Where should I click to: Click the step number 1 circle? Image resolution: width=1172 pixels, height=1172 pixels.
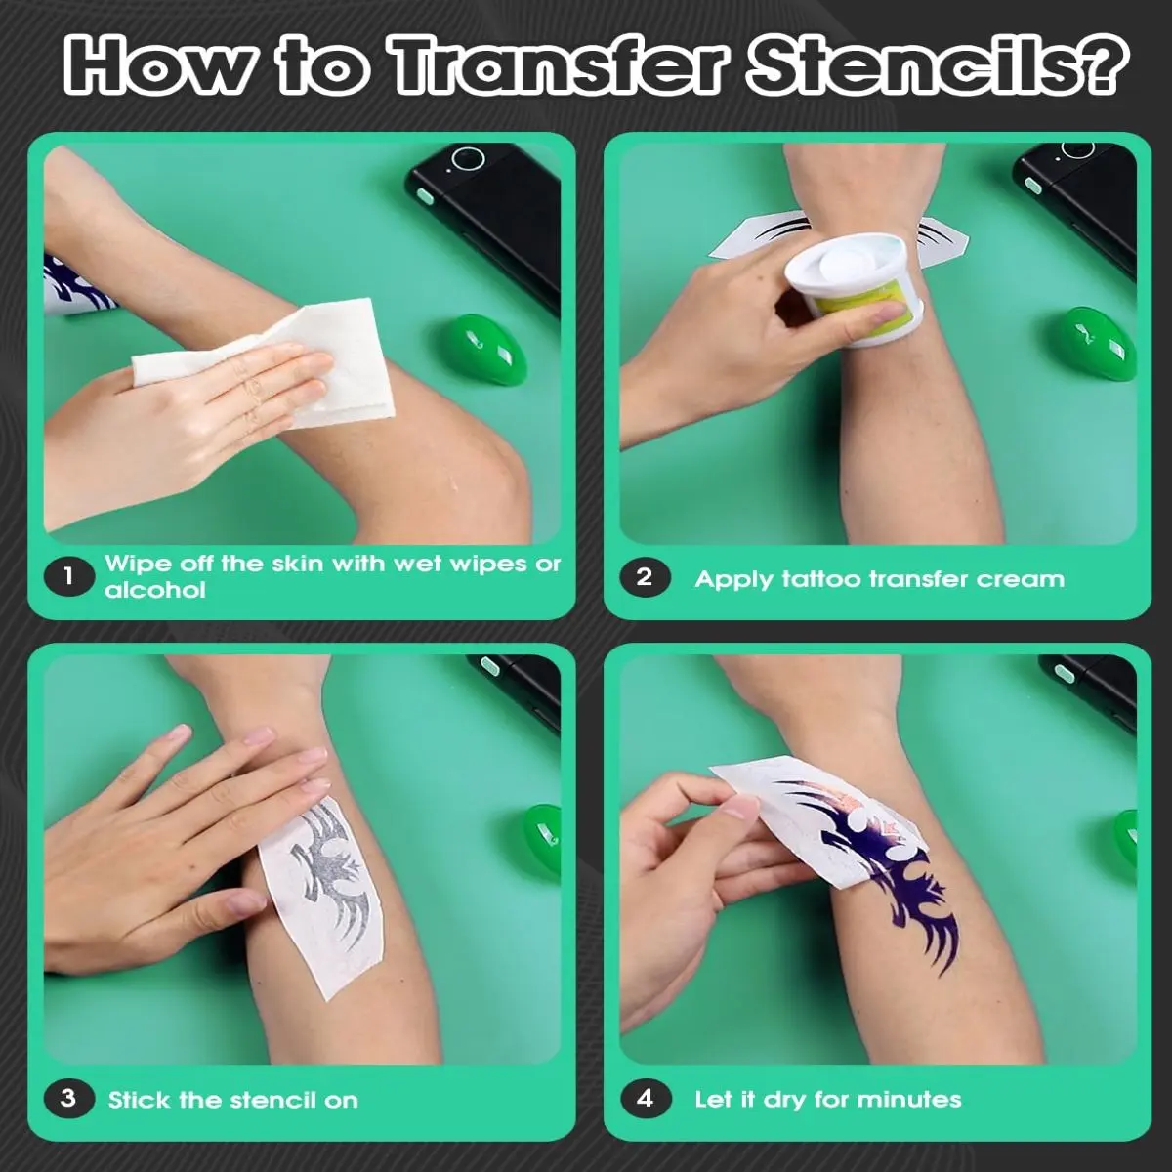[x=68, y=576]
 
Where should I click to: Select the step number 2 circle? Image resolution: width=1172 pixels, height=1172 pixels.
[x=645, y=577]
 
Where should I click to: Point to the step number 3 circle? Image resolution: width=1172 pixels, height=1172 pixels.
[x=68, y=1099]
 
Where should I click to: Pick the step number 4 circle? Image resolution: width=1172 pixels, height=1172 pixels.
[x=646, y=1099]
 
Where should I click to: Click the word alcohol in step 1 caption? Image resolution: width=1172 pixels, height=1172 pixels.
[x=155, y=590]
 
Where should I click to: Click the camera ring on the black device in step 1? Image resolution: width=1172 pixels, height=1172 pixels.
[x=469, y=159]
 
